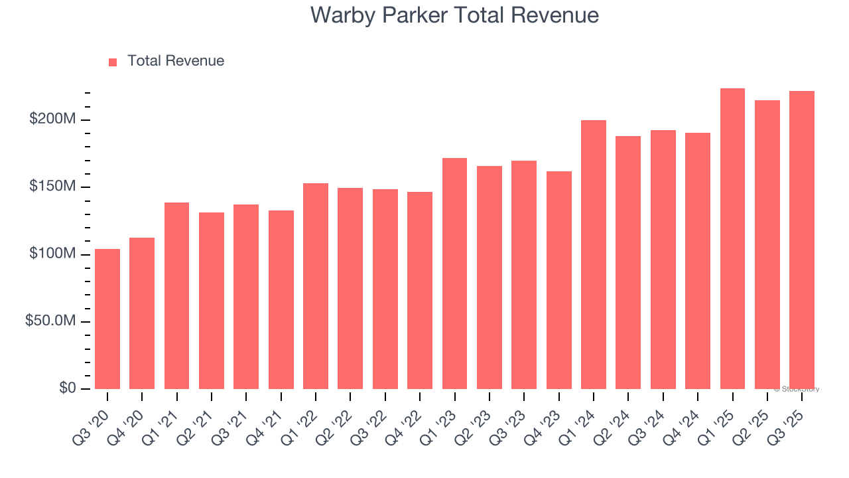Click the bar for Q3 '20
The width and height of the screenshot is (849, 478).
107,319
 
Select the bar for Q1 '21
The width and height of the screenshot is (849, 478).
176,295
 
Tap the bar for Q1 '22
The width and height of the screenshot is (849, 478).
316,285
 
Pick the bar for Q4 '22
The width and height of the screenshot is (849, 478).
420,290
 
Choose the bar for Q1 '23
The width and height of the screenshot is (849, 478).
454,274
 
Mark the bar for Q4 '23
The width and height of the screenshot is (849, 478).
558,280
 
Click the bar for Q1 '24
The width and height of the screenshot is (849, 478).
594,254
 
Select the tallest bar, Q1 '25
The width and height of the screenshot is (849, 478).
732,238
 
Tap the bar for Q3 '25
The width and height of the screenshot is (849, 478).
802,240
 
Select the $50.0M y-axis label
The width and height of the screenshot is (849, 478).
50,321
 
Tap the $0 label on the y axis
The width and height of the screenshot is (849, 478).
67,388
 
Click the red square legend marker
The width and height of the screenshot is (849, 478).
113,62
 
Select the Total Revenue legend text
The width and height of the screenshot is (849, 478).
176,61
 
